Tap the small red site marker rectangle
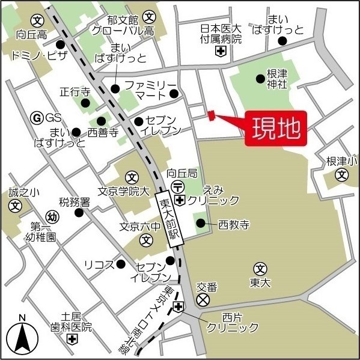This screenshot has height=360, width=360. pyautogui.click(x=211, y=115)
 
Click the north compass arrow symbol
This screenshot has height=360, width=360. pyautogui.click(x=22, y=338)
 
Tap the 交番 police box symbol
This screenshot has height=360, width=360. pyautogui.click(x=203, y=299)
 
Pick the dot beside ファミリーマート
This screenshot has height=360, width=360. pyautogui.click(x=173, y=93)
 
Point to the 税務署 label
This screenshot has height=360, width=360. pyautogui.click(x=74, y=202)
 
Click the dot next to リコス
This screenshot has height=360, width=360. pyautogui.click(x=121, y=264)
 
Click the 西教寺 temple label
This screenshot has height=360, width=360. pyautogui.click(x=234, y=225)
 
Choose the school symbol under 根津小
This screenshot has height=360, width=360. pyautogui.click(x=341, y=175)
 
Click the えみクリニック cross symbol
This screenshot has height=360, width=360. pyautogui.click(x=179, y=200)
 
